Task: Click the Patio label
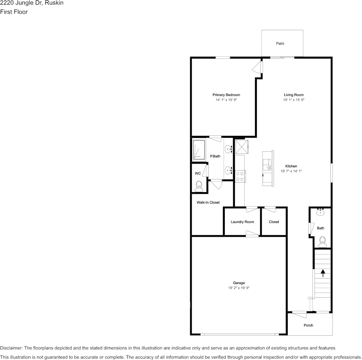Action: point(280,43)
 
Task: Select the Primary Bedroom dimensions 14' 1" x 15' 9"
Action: point(226,100)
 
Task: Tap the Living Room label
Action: point(293,95)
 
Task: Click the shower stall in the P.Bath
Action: point(198,150)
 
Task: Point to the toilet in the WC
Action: point(199,186)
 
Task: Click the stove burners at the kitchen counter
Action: point(240,176)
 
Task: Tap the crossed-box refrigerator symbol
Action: point(242,147)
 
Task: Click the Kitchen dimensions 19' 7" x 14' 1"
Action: point(291,171)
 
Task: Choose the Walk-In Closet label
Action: point(208,202)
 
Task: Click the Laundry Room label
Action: point(242,222)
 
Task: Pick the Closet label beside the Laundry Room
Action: point(274,222)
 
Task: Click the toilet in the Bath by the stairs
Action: point(322,241)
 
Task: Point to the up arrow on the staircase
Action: point(323,272)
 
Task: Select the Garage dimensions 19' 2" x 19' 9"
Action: point(239,288)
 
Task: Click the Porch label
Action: point(308,325)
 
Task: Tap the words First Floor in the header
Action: point(14,12)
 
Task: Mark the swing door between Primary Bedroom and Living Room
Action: point(258,67)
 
